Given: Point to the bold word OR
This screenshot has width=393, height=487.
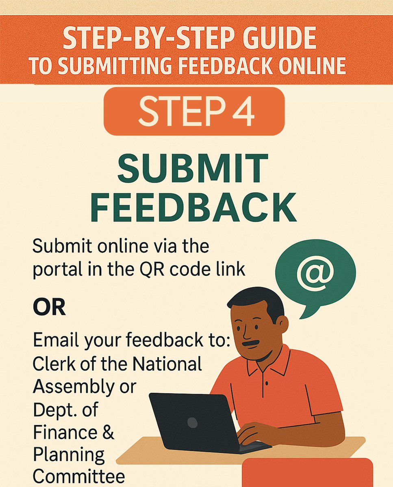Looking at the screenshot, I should click(x=49, y=308).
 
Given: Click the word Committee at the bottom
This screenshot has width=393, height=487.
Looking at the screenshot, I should click(x=79, y=475).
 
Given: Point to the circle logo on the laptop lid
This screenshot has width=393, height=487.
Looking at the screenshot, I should click(x=192, y=422).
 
